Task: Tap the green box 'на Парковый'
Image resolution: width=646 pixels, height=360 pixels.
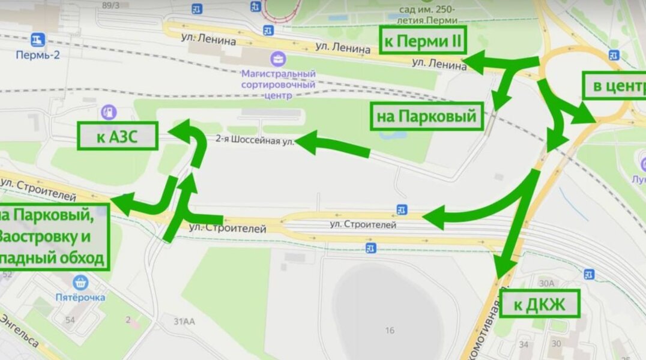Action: [429, 116]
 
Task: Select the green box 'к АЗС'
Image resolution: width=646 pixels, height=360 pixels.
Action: [117, 136]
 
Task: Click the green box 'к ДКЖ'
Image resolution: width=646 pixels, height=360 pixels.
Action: [540, 304]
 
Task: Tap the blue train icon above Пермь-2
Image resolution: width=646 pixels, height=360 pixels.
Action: [38, 40]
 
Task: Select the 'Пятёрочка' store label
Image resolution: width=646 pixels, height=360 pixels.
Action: [81, 296]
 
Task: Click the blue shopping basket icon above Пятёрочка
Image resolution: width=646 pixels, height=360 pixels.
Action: [80, 281]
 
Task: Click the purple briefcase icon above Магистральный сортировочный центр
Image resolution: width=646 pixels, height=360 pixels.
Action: [279, 59]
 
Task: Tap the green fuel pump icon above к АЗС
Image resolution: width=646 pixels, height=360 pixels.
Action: [109, 112]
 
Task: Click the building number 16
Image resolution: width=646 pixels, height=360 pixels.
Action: [390, 330]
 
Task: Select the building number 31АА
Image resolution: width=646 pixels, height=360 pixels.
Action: [184, 322]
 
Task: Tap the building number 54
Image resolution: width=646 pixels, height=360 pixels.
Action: [70, 320]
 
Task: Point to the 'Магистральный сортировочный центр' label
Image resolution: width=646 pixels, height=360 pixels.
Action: [279, 84]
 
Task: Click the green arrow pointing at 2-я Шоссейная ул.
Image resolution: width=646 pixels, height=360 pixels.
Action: [333, 146]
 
